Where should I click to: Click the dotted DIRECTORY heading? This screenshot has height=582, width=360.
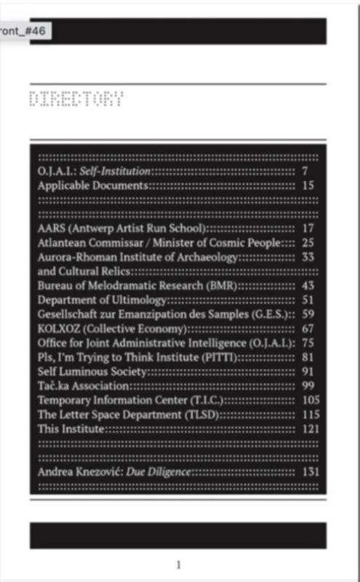(76, 100)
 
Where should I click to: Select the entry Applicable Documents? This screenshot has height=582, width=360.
(93, 186)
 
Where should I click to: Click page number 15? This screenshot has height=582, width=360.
(308, 186)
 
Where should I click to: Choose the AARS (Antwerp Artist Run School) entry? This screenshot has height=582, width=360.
(123, 228)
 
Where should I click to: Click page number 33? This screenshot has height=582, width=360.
(308, 256)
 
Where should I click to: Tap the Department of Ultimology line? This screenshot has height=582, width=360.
(103, 300)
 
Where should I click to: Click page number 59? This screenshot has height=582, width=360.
(308, 314)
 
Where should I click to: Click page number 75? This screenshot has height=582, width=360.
(308, 343)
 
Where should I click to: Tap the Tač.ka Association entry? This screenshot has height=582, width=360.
(84, 386)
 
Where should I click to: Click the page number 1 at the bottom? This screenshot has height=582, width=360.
(179, 565)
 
